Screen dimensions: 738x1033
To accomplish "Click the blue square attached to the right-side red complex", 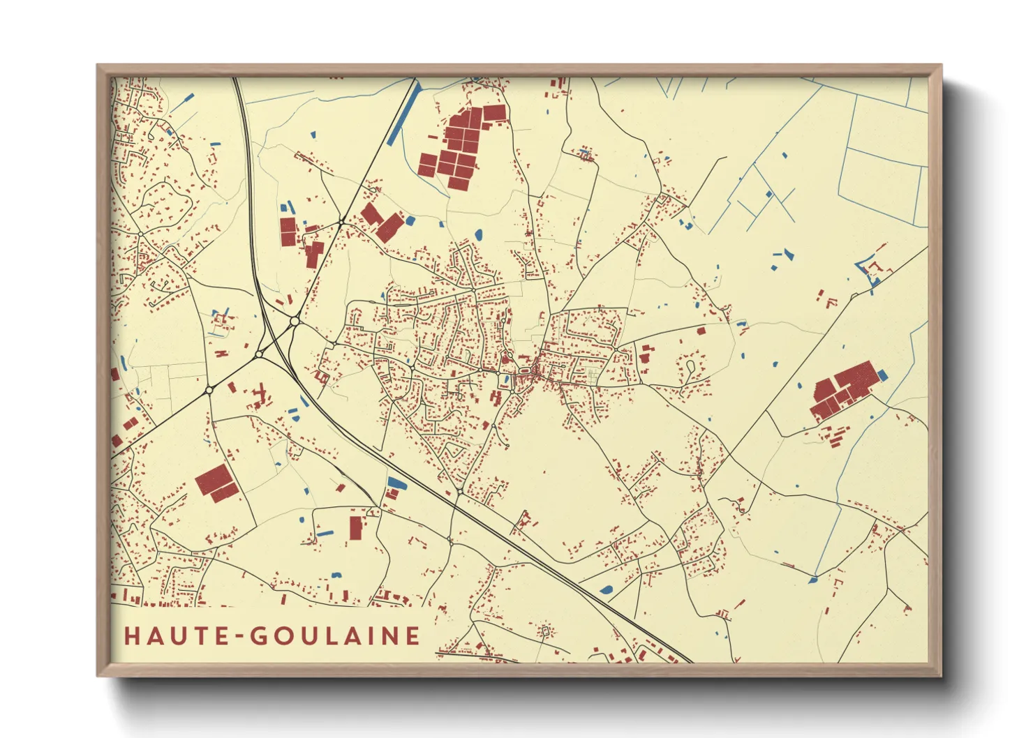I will click(882, 375).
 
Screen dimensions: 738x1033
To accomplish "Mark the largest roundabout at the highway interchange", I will click(295, 321).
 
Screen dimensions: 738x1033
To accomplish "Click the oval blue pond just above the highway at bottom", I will click(605, 589).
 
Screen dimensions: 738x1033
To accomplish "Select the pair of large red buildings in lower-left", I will click(216, 482).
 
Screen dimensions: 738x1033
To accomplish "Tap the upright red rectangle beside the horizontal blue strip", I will click(356, 528).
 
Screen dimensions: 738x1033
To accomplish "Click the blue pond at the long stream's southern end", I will click(813, 579).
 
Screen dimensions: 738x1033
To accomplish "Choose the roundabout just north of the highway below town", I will click(459, 492).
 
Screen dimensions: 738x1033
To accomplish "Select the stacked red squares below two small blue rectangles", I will click(288, 231).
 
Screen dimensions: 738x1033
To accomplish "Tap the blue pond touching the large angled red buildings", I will click(410, 221).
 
